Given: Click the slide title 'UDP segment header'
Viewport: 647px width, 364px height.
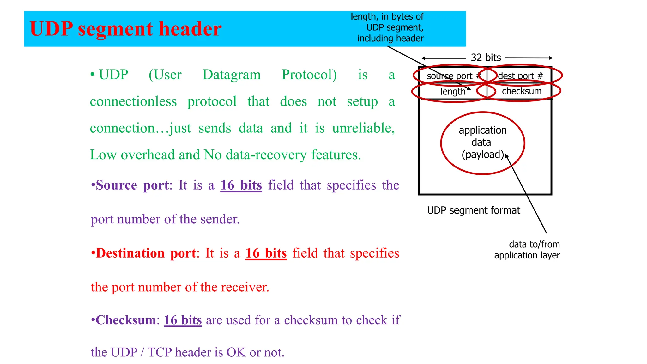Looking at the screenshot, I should [125, 29].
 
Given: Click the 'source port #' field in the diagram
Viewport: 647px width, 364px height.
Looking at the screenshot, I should [453, 76].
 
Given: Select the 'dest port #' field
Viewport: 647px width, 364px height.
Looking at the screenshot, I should [520, 76].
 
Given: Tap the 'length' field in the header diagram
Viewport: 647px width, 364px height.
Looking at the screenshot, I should [453, 92].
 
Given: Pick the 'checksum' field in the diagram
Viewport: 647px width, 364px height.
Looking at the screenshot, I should [522, 91].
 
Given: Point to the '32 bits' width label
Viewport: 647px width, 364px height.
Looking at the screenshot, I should [486, 58].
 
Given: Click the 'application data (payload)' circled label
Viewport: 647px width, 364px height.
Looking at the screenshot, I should [482, 143].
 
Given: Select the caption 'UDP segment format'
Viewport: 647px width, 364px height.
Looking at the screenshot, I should [473, 210].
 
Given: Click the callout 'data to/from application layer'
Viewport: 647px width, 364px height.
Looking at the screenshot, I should [527, 250].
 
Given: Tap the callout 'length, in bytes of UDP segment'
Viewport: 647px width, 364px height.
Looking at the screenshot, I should [388, 27].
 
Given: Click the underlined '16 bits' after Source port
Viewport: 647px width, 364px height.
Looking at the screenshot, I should [241, 185].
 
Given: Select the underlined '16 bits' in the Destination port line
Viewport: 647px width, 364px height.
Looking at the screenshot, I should [266, 253].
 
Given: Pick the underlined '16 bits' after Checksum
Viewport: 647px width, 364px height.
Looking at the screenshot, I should [183, 320].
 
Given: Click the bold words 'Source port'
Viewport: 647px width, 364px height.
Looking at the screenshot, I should [132, 185].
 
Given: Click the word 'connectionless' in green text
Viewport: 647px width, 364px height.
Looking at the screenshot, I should [133, 101].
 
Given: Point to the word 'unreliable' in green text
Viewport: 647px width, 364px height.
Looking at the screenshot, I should [363, 128].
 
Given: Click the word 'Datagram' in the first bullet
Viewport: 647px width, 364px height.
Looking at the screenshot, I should [232, 75].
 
